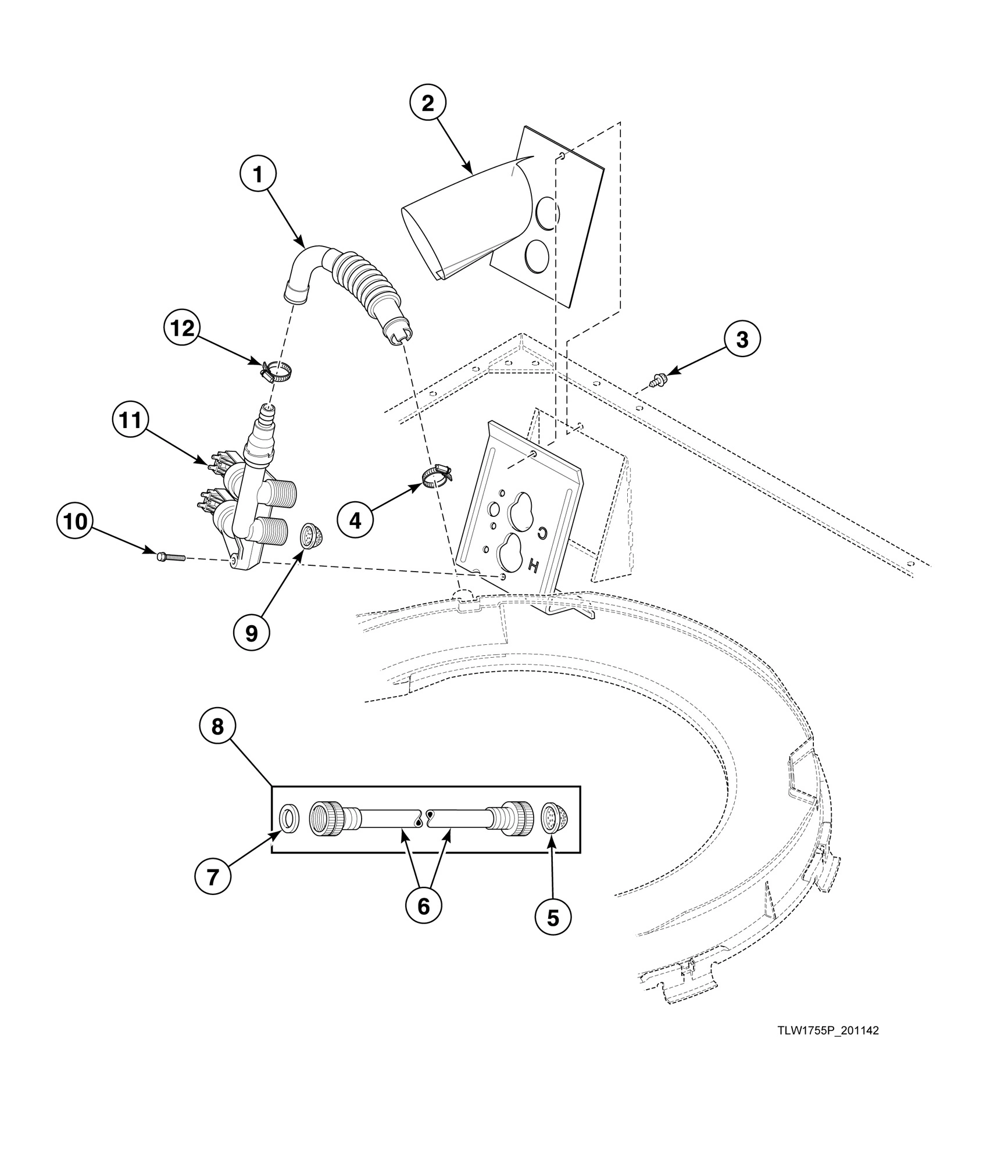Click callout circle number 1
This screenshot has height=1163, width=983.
coord(258,174)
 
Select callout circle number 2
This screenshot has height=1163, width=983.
coord(427,104)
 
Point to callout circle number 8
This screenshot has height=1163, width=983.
coord(218,726)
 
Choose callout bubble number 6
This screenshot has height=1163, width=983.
coord(423,905)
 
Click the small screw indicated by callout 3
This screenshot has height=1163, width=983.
coord(659,381)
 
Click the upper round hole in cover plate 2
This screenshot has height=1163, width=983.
coord(546,212)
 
